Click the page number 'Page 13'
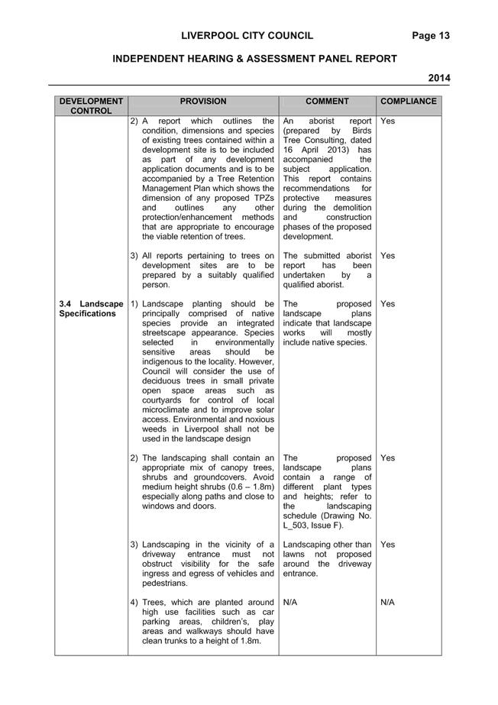[431, 36]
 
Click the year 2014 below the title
[438, 78]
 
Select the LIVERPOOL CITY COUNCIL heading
[247, 36]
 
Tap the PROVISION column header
[203, 102]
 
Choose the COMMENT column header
[327, 102]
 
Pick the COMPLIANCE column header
[409, 102]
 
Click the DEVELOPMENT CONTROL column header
[91, 106]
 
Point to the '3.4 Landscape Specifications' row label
[91, 309]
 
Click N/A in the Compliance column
[387, 603]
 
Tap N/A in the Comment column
[290, 603]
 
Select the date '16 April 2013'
[316, 150]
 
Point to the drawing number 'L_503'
[295, 526]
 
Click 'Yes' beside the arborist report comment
[387, 121]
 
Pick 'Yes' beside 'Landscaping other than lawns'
[387, 545]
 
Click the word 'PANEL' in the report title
[335, 59]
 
